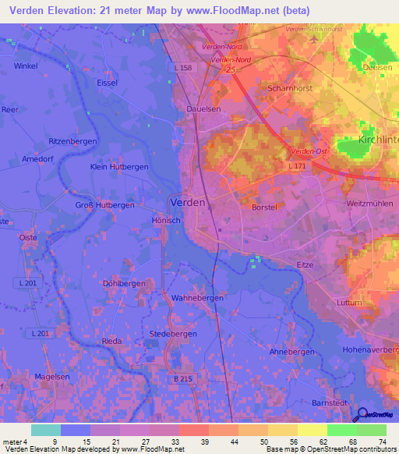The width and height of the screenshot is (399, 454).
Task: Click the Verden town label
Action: click(187, 202)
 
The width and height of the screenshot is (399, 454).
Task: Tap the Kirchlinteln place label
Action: click(378, 140)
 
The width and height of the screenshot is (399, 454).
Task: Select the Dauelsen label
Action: click(202, 110)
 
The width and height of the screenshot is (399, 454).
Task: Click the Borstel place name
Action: click(265, 207)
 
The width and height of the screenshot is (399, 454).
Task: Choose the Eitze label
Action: click(305, 265)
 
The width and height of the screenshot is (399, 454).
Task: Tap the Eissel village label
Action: click(106, 82)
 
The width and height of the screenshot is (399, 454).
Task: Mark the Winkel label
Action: click(26, 66)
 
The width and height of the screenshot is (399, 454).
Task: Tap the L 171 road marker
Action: click(296, 167)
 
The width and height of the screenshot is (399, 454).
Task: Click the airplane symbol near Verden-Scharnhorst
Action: click(313, 38)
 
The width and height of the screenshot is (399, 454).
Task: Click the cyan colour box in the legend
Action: click(46, 430)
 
